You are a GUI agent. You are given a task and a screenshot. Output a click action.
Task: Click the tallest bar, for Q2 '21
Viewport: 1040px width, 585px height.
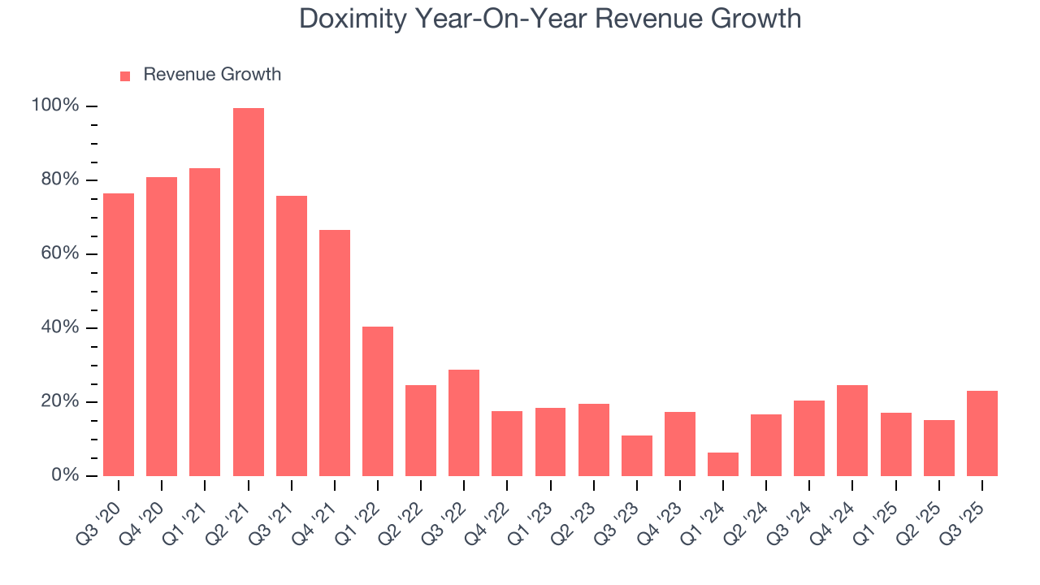tap(248, 292)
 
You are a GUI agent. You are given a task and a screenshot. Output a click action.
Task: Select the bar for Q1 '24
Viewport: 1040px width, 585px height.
tap(723, 464)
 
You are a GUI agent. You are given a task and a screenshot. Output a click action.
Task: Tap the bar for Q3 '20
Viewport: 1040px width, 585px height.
tap(119, 335)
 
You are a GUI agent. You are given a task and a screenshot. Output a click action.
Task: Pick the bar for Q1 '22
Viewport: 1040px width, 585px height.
tap(378, 401)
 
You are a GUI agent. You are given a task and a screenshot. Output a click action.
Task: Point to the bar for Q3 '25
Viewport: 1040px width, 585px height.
tap(982, 433)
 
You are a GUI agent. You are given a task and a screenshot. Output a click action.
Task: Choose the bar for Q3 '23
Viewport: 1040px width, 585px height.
tap(637, 456)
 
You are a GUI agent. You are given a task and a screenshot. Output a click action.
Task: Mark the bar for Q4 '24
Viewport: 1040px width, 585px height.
tap(852, 431)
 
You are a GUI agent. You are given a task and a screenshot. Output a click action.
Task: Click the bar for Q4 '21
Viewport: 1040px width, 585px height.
tap(335, 353)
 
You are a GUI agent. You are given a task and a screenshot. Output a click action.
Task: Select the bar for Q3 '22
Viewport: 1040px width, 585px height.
tap(464, 422)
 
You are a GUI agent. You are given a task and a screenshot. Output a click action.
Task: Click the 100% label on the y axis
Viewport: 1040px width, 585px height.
tap(55, 106)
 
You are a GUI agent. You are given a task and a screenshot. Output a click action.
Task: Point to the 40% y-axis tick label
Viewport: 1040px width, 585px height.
tap(59, 327)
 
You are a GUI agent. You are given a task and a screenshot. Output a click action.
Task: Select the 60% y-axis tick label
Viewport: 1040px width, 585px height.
tap(59, 253)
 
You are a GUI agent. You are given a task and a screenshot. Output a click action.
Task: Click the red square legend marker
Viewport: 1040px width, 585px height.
tap(125, 76)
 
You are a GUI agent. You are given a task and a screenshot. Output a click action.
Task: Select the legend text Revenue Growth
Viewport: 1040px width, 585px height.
tap(212, 75)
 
